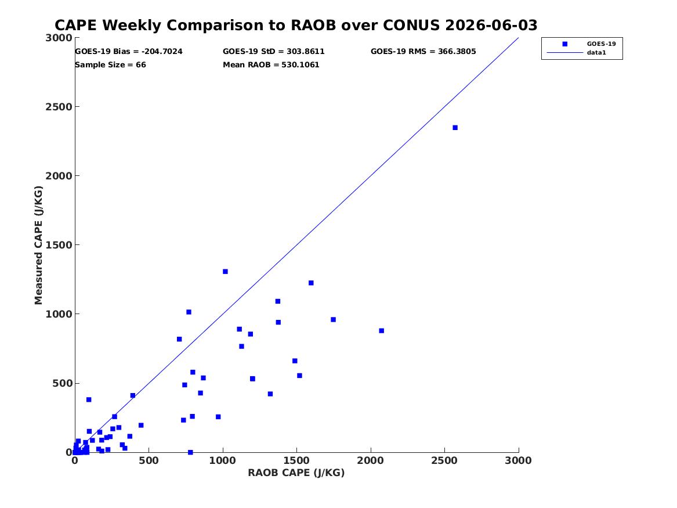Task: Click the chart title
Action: point(296,25)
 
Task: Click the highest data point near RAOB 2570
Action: point(455,127)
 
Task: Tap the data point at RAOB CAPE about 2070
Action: point(381,330)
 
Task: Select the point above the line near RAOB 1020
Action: point(225,271)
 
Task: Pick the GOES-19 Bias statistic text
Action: point(129,52)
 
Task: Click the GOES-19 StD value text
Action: point(274,52)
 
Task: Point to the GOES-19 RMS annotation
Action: point(423,52)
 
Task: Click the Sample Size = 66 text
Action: point(111,65)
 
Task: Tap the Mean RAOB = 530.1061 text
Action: point(271,65)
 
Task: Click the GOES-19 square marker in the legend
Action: point(564,44)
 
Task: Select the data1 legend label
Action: point(596,53)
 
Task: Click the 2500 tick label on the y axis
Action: point(59,107)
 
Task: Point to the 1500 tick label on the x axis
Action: point(296,460)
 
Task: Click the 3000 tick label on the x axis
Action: point(518,460)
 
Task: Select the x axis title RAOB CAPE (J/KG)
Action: point(296,473)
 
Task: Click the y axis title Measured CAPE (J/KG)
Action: point(38,245)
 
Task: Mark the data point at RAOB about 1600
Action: point(311,283)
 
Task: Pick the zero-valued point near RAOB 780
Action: point(190,452)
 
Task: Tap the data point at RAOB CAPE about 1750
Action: point(333,319)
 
